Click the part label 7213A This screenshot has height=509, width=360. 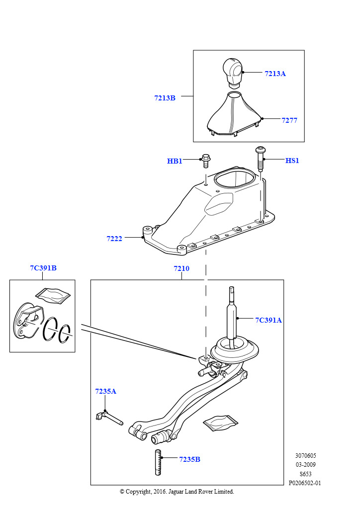click(x=275, y=74)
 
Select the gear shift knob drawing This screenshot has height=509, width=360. click(x=232, y=71)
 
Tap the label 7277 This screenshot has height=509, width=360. click(x=289, y=120)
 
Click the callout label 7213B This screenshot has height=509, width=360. click(x=165, y=98)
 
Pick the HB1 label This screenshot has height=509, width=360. click(x=174, y=161)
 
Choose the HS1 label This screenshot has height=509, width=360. click(x=292, y=161)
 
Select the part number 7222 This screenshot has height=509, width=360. click(x=114, y=239)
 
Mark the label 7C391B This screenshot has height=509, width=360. click(x=43, y=268)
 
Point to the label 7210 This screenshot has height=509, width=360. click(x=181, y=268)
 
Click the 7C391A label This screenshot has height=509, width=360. click(x=269, y=320)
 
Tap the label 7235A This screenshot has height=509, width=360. click(x=105, y=391)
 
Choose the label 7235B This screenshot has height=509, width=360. click(x=189, y=459)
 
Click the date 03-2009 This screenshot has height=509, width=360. click(x=305, y=465)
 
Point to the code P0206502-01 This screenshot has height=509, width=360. click(x=305, y=483)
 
